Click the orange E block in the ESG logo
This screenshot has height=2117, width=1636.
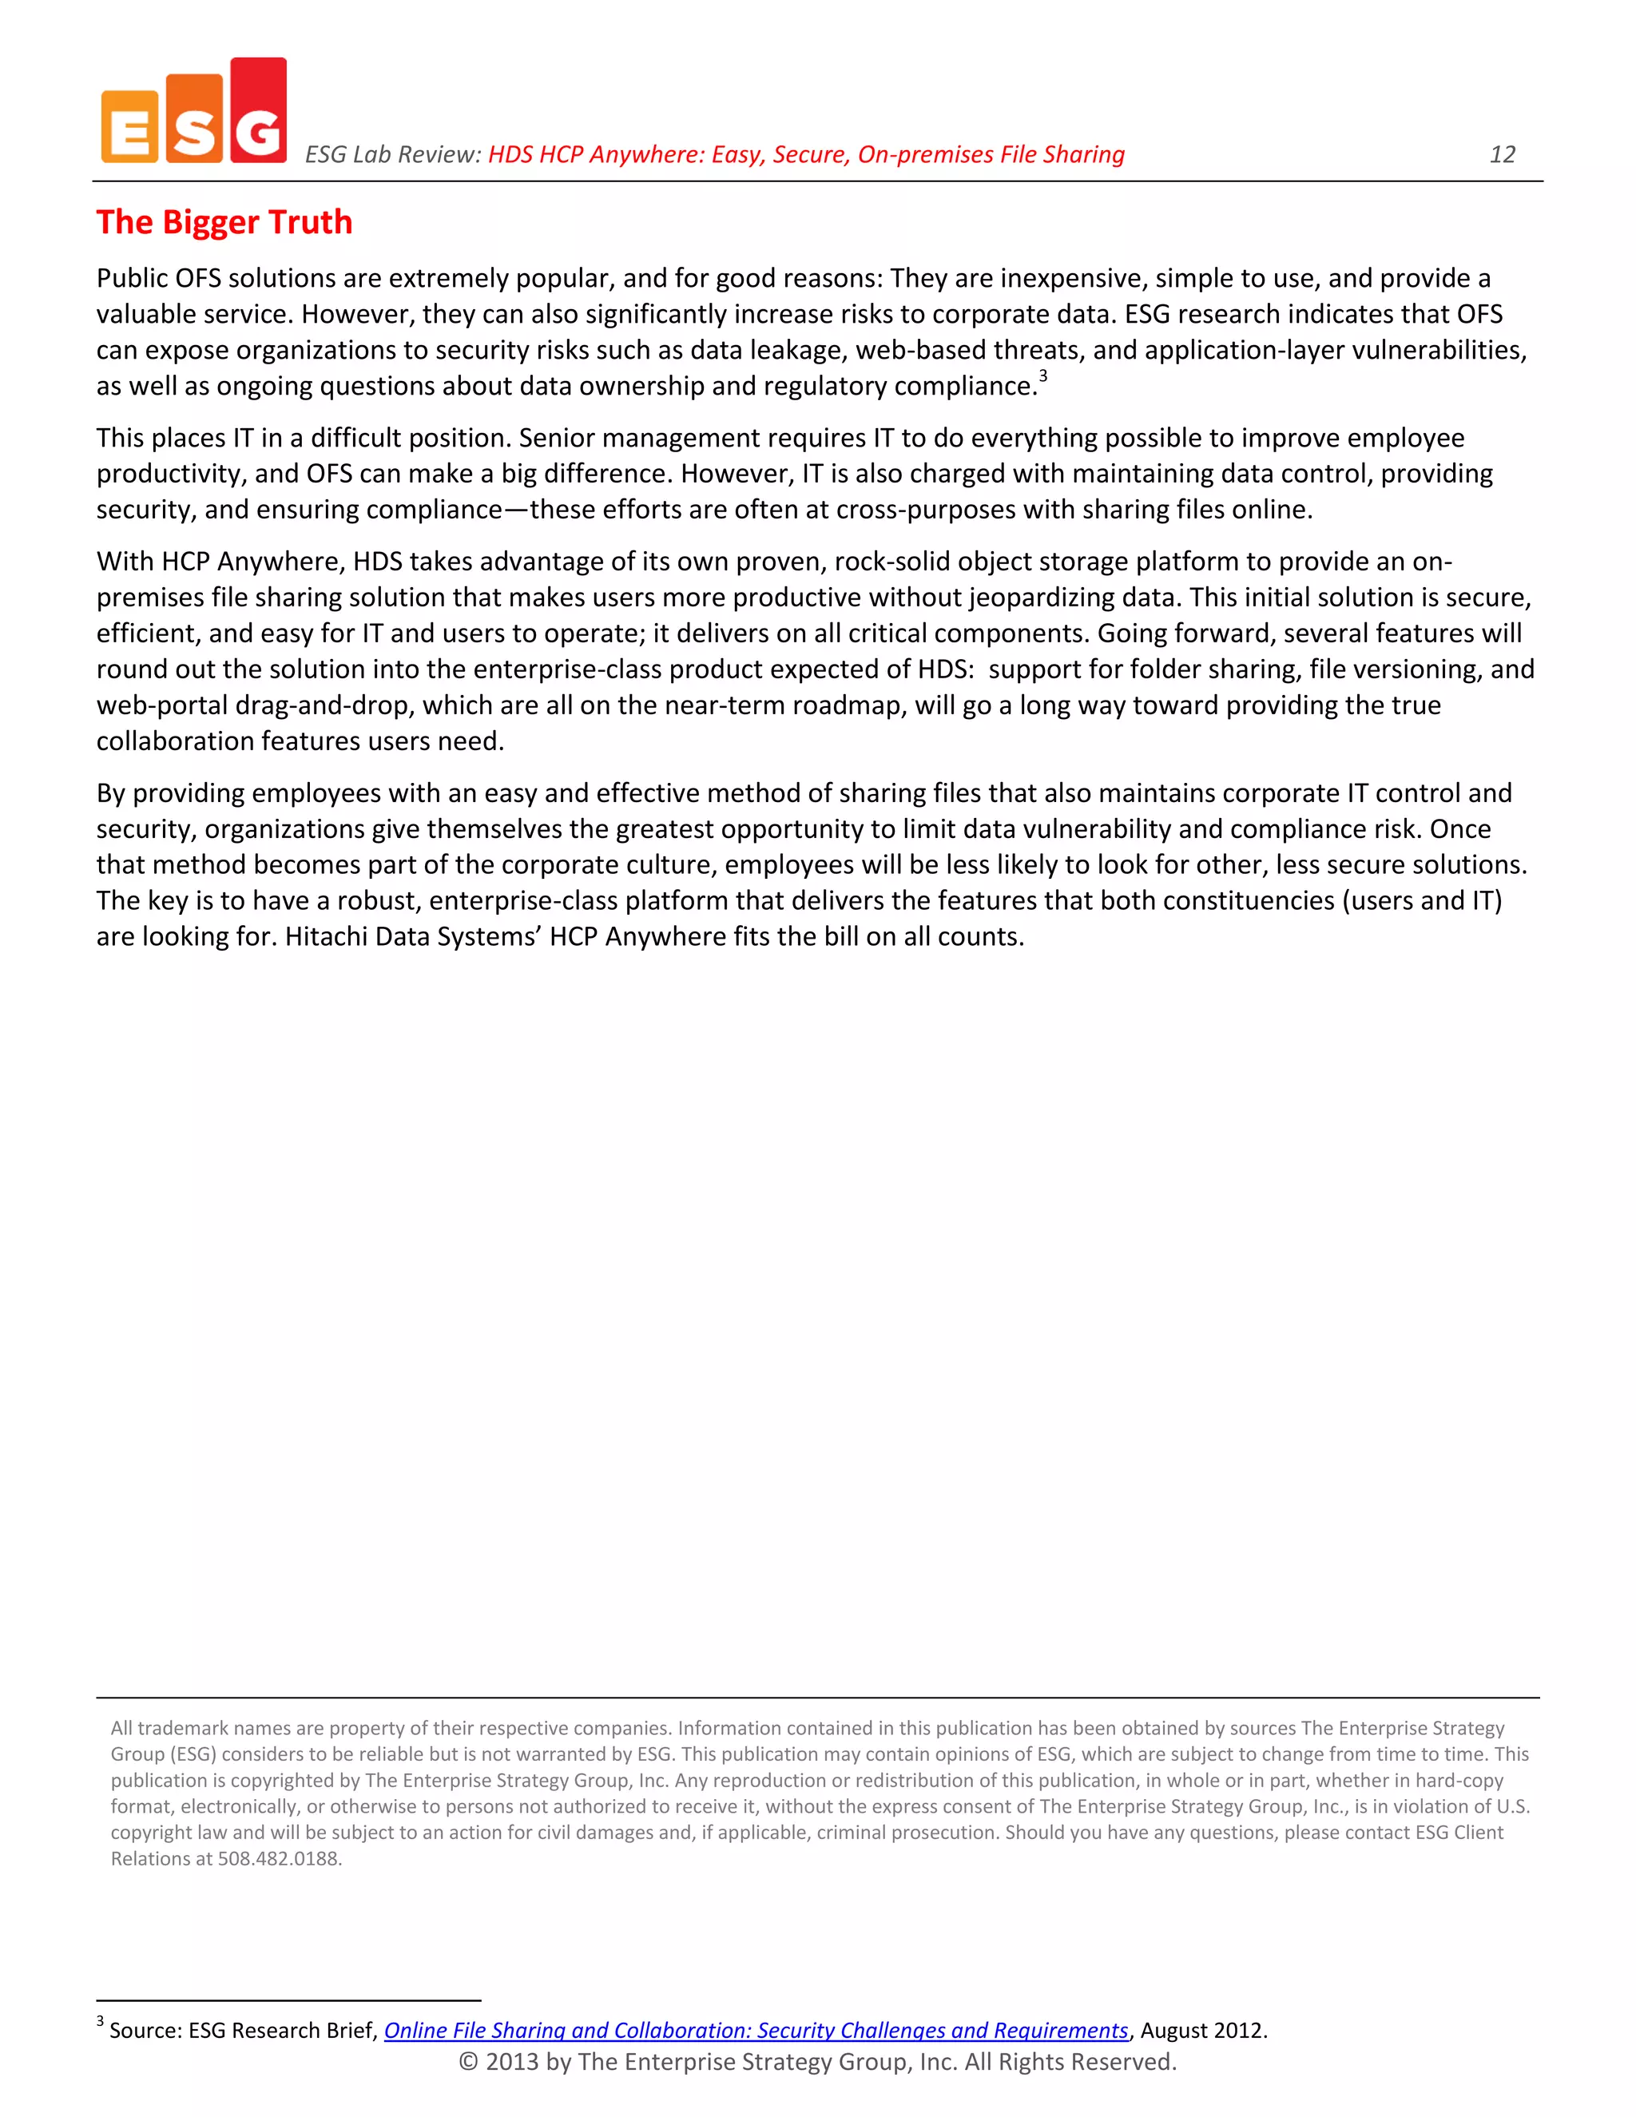coord(129,127)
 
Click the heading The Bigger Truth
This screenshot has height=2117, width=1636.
coord(224,222)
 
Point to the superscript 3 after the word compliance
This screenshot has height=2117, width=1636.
coord(1042,376)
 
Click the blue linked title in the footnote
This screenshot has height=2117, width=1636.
coord(756,2030)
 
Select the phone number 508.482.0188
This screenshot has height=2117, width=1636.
coord(279,1858)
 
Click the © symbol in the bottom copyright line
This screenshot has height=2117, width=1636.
coord(468,2062)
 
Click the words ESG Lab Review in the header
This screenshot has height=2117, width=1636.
coord(391,154)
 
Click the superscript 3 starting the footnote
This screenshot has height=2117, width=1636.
coord(100,2021)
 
